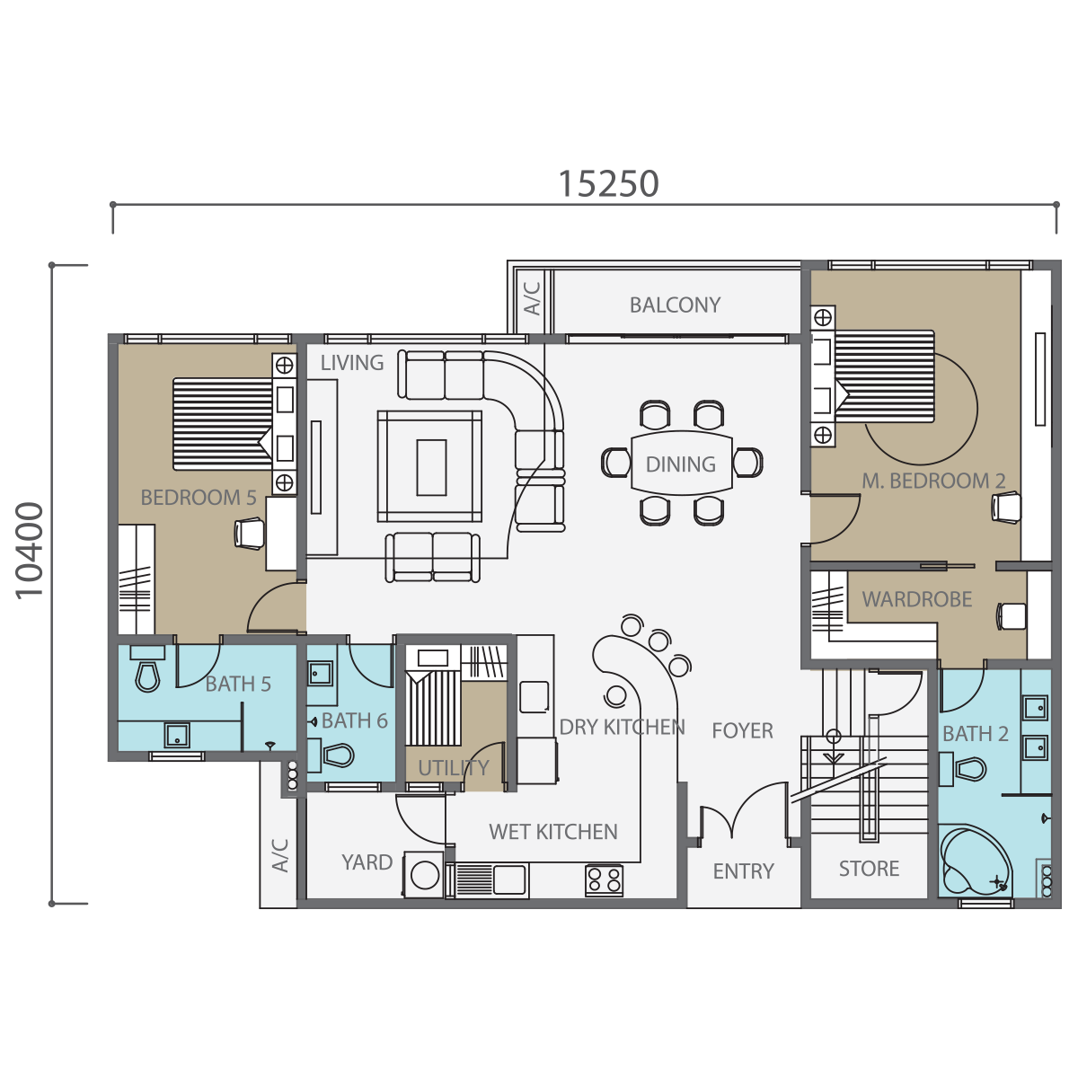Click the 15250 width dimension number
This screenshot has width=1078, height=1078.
(609, 183)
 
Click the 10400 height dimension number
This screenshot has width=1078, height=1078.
(29, 551)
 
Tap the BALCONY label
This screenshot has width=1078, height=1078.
(675, 305)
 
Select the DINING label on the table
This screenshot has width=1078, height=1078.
(680, 464)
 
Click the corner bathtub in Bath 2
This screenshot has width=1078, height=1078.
(975, 861)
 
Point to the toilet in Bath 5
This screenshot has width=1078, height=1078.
(147, 669)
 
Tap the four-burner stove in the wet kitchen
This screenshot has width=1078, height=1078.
(605, 880)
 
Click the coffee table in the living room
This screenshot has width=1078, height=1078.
(429, 466)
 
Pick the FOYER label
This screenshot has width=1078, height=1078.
(742, 730)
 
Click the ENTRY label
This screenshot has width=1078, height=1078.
(744, 871)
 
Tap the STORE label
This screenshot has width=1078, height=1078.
(869, 868)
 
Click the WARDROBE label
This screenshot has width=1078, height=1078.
(917, 599)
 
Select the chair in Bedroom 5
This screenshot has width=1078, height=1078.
(249, 533)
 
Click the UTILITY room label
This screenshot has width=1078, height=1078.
(454, 767)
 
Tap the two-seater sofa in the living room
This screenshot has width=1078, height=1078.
(432, 557)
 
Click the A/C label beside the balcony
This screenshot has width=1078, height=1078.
(533, 298)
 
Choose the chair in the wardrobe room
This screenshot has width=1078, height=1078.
(1012, 616)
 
